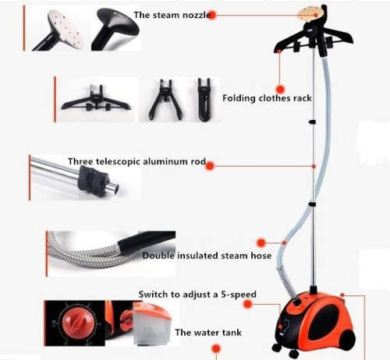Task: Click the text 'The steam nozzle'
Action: pos(172,15)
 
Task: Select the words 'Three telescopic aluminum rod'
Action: pos(136,162)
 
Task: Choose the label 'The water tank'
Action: pos(208,332)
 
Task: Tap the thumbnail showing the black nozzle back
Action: pos(116,29)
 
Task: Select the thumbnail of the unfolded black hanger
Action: pos(96,98)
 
